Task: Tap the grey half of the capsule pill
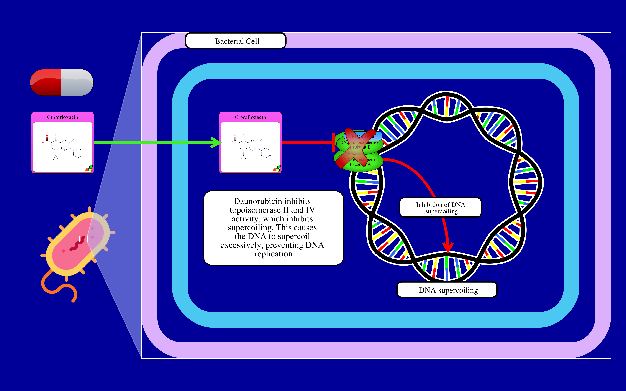click(x=77, y=82)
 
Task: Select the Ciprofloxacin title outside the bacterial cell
click(x=62, y=117)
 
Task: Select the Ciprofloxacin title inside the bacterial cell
click(x=250, y=117)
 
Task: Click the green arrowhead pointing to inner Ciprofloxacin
click(x=217, y=142)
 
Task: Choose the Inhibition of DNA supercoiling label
click(x=441, y=208)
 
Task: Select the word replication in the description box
click(x=273, y=254)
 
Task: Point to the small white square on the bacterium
click(x=83, y=239)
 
